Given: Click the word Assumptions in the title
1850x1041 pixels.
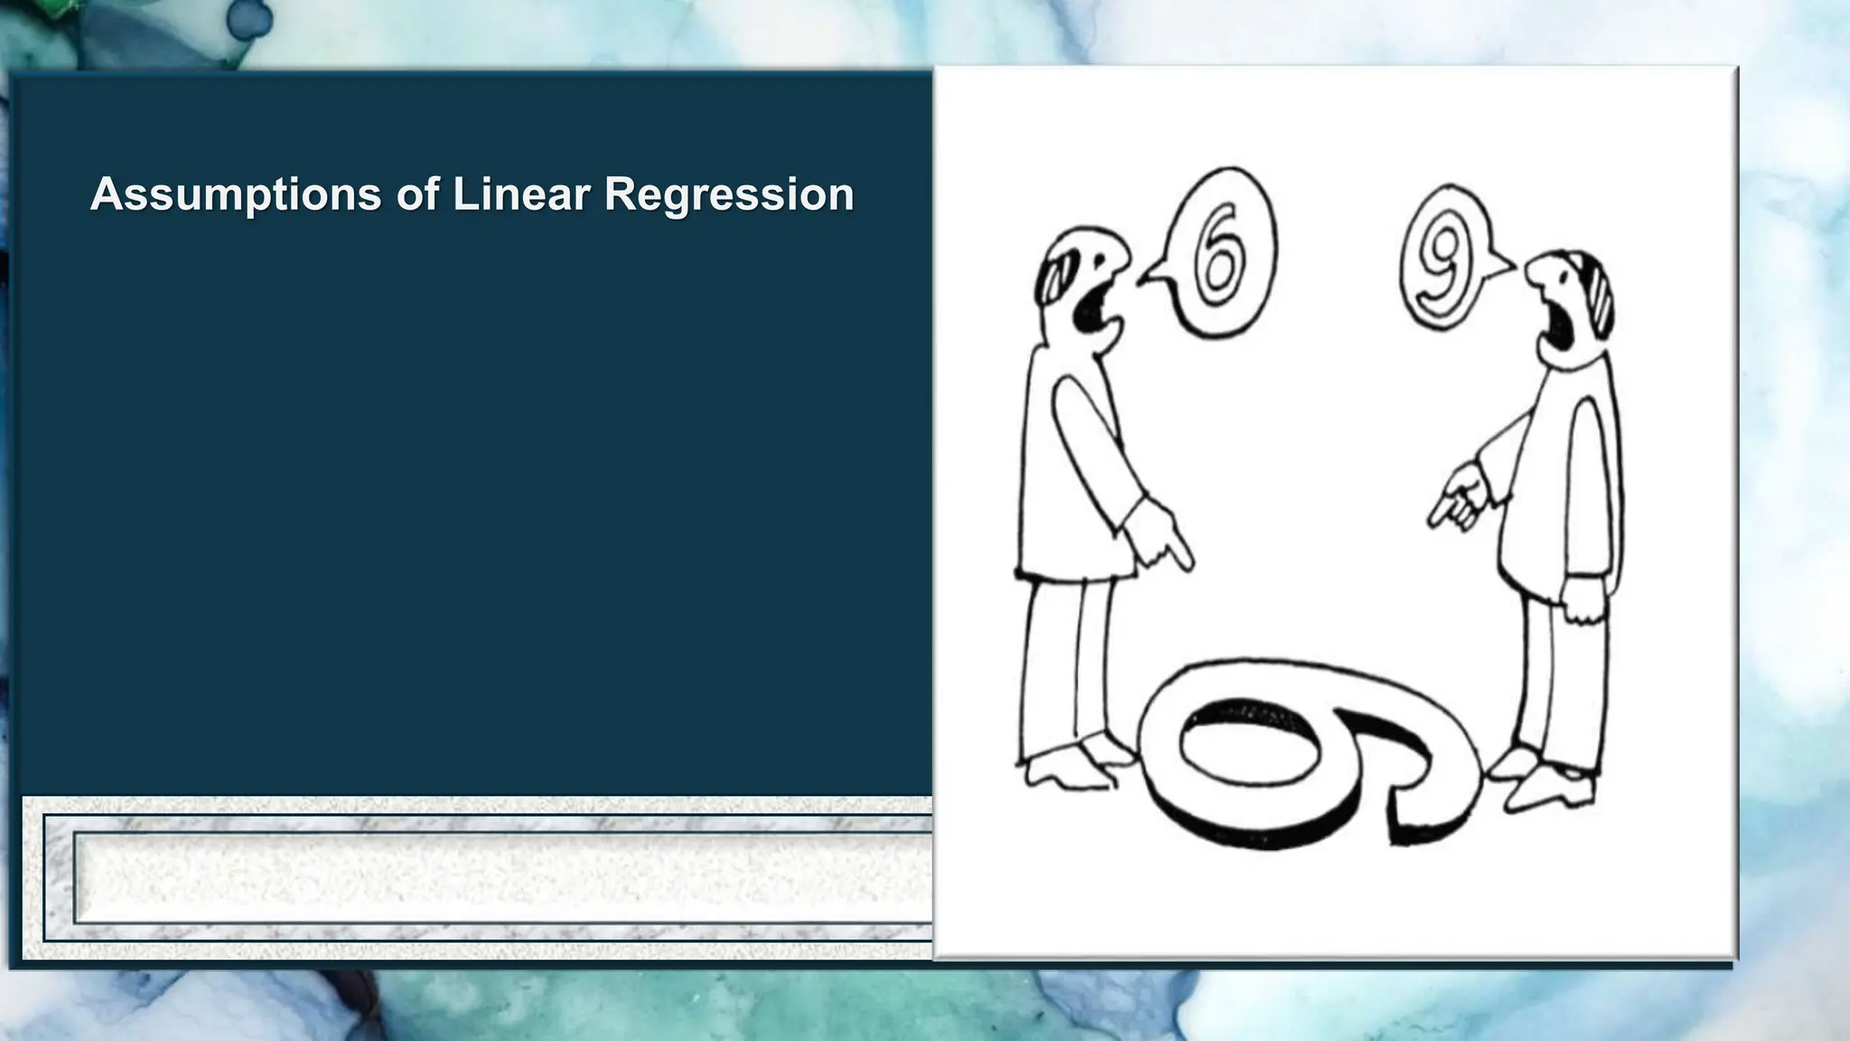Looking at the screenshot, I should click(236, 194).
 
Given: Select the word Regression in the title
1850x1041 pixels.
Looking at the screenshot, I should click(728, 194).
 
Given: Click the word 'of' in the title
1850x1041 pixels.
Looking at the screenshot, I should click(416, 194).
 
